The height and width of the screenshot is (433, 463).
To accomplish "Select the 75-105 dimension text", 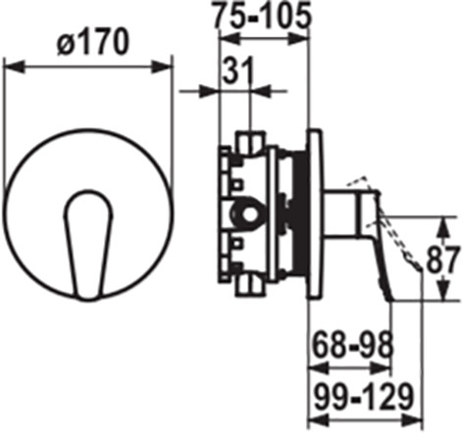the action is pos(261,15).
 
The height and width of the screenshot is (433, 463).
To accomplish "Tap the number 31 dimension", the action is pos(238,70).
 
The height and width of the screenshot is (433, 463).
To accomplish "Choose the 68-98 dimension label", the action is pos(352,345).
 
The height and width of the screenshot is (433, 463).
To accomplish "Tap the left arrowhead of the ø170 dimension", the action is pos(14,67).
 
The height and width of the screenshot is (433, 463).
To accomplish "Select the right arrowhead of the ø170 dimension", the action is pos(162,67).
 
